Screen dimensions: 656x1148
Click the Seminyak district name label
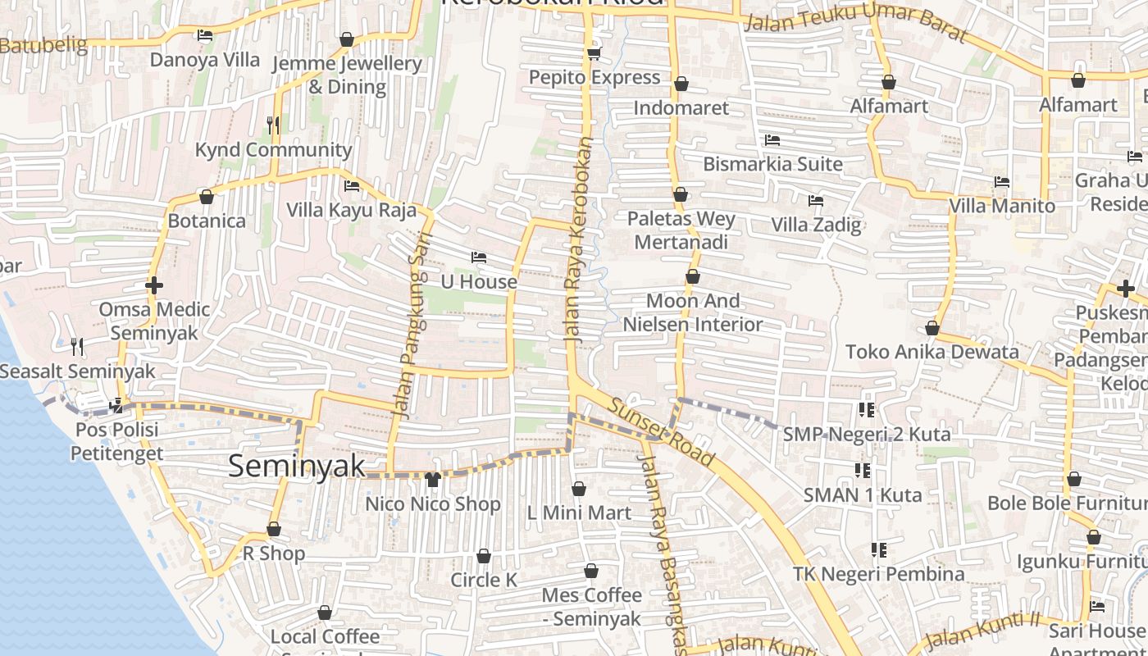tap(296, 466)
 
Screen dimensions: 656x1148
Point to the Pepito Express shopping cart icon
tap(594, 54)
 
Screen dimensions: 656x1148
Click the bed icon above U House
tap(479, 258)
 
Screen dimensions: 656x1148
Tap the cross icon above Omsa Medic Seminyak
tap(154, 285)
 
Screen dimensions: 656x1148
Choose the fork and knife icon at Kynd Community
tap(273, 125)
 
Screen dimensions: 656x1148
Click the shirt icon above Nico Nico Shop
tap(433, 479)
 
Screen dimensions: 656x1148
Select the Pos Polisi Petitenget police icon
tap(117, 405)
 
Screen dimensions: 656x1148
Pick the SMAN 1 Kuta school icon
tap(862, 471)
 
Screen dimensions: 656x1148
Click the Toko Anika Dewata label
tap(932, 352)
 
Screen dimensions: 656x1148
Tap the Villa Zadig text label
tap(816, 225)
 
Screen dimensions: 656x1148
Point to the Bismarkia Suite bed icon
tap(772, 140)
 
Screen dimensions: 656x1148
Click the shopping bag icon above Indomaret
tap(681, 84)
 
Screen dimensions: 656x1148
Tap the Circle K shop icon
tap(484, 557)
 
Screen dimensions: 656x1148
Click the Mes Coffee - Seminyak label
tap(591, 607)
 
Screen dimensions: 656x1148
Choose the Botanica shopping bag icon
tap(207, 197)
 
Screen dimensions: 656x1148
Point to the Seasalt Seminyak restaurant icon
tap(77, 347)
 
